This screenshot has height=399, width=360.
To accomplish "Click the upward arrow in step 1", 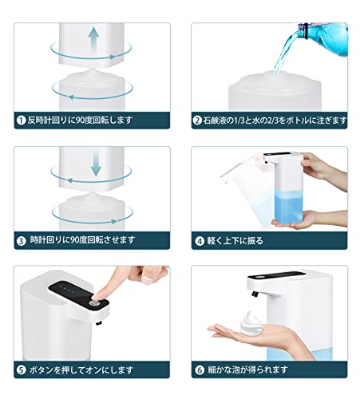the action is [94, 39].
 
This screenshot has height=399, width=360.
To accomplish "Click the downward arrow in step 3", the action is [96, 164].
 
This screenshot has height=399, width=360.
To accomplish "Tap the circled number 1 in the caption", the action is [21, 120].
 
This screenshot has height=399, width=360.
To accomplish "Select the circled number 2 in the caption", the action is [197, 120].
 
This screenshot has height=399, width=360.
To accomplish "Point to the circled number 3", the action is [21, 241].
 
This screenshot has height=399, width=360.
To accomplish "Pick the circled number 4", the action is [200, 241].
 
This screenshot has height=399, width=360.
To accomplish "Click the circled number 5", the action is [21, 370].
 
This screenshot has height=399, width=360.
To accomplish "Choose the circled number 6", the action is [200, 370].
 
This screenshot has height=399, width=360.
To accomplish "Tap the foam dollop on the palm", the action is [251, 323].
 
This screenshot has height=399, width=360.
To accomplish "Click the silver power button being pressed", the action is [94, 303].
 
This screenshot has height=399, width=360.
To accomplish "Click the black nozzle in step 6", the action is [255, 294].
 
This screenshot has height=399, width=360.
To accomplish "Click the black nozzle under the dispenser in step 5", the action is [99, 323].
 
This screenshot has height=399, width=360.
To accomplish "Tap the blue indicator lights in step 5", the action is [67, 289].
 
